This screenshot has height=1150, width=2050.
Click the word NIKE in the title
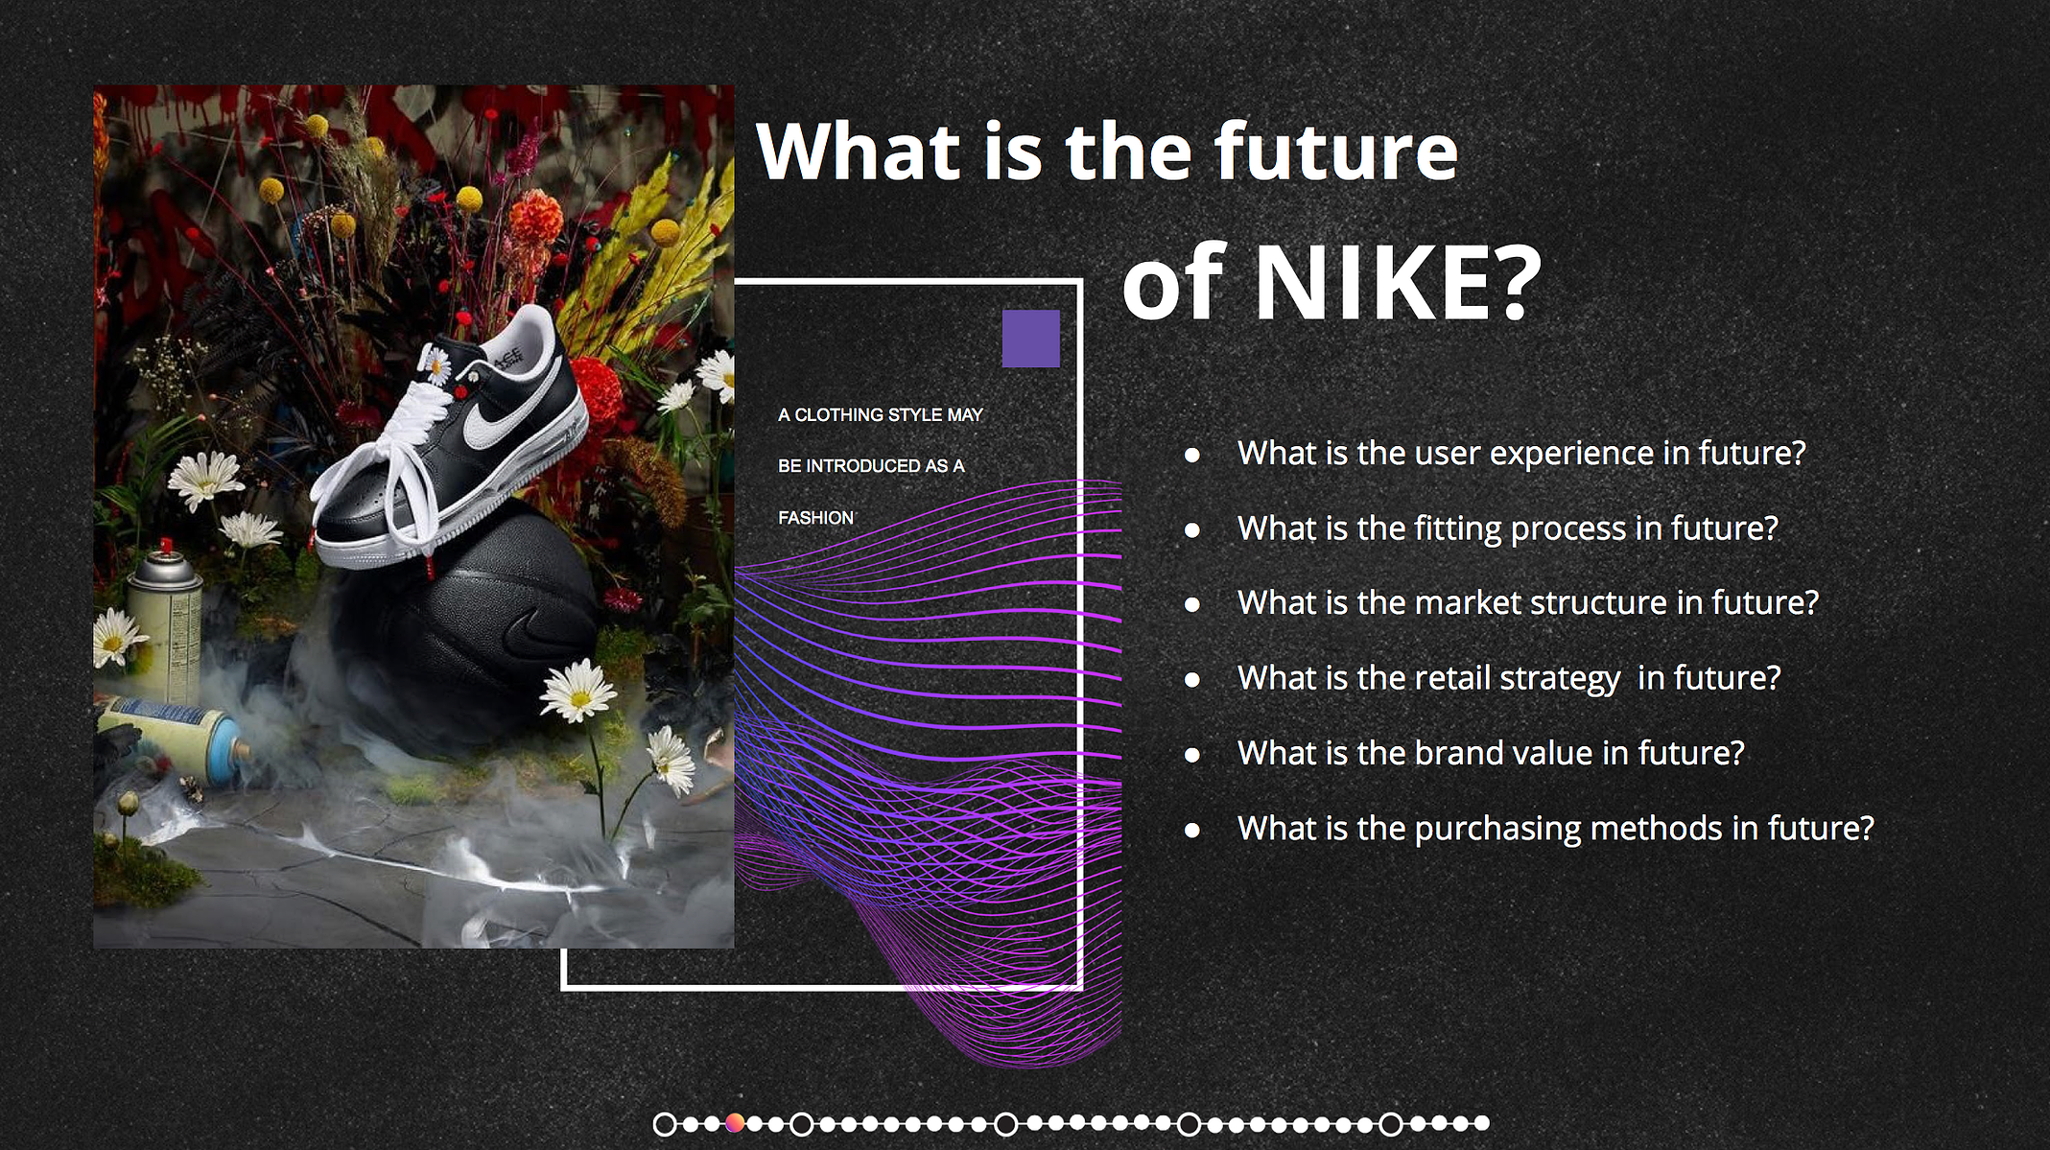click(x=1396, y=283)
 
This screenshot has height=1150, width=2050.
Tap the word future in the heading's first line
click(x=1336, y=152)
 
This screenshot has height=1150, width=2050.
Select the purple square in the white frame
click(x=1031, y=339)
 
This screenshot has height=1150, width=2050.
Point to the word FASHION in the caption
click(x=816, y=518)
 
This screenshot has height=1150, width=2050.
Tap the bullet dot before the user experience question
click(x=1192, y=455)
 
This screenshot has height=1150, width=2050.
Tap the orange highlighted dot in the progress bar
click(x=735, y=1123)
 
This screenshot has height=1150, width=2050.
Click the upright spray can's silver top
click(x=166, y=568)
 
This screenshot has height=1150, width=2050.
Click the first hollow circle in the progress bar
click(x=665, y=1124)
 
